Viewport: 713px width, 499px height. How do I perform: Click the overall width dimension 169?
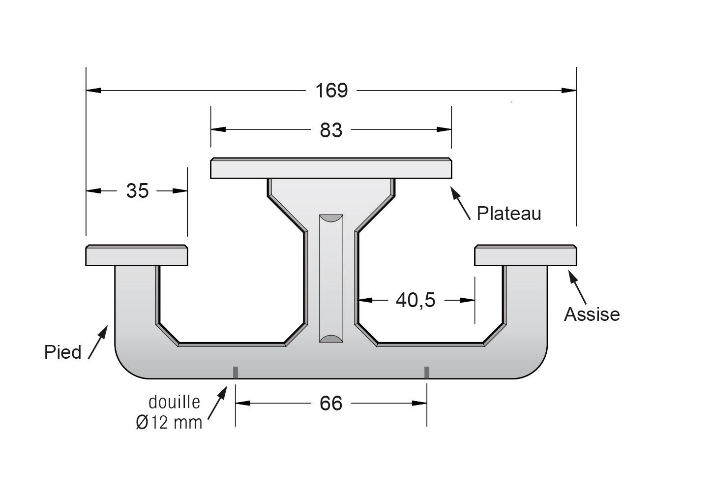coord(331,91)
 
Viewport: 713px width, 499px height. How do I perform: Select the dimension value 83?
coord(331,130)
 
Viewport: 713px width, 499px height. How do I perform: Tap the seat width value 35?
coord(138,191)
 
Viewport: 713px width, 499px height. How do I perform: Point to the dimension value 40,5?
coord(416,301)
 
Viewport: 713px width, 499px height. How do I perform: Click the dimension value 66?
coord(331,404)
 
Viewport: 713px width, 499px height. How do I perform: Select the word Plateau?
coord(508,213)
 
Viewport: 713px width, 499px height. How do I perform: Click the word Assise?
coord(592,314)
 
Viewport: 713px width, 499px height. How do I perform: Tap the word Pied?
coord(63,352)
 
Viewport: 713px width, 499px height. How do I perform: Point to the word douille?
coord(174,402)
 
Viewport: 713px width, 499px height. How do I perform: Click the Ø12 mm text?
coord(169,423)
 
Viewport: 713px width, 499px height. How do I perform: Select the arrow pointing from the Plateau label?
coord(460,203)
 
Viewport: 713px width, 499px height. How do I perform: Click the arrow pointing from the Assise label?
coord(577,287)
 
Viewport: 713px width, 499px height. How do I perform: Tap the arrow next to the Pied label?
coord(98,342)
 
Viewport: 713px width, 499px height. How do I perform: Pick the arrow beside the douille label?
coord(217,403)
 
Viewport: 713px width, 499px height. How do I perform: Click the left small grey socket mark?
coord(236,373)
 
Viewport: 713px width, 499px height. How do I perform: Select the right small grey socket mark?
coord(427,373)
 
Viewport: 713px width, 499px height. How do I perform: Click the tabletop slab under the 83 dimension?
coord(331,168)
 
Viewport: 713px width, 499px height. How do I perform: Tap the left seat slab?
coord(137,255)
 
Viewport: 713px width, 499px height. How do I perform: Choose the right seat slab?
coord(526,255)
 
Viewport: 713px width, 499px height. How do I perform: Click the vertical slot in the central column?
coord(331,279)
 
